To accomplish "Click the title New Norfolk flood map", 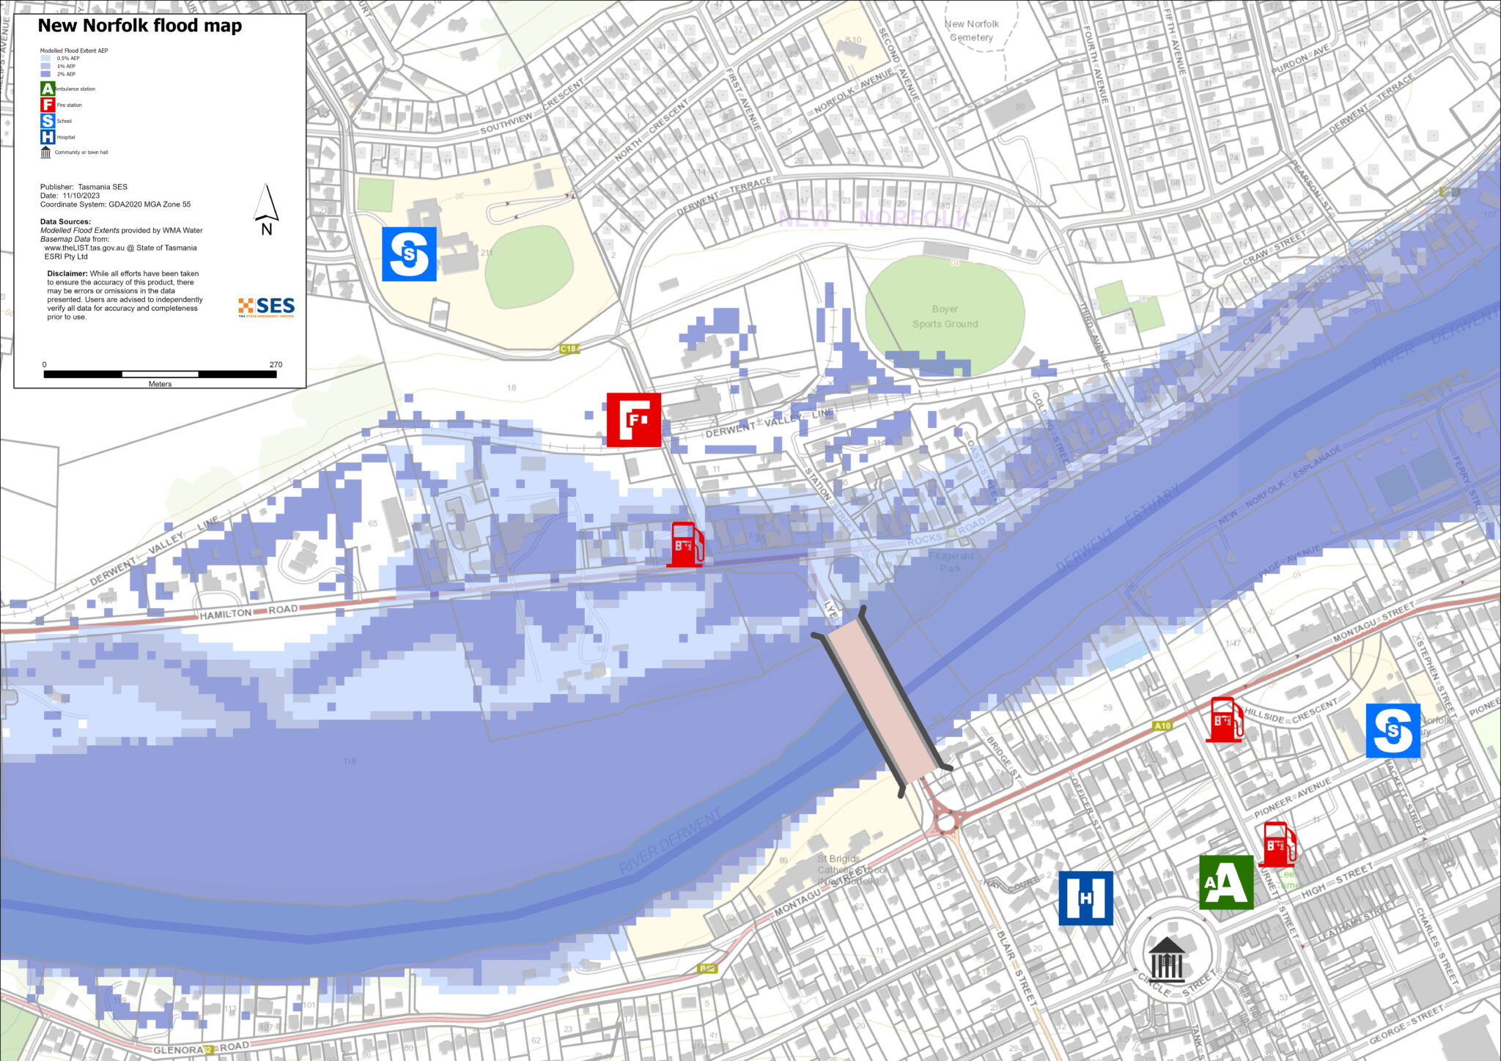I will tap(139, 26).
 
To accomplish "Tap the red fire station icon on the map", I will tap(633, 420).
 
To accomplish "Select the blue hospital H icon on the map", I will tap(1085, 898).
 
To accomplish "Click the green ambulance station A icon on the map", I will tap(1225, 882).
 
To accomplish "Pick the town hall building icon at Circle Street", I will tap(1166, 959).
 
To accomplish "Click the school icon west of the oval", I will tap(409, 254).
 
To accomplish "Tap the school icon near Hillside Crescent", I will tap(1393, 731).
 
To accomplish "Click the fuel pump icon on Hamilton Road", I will tap(685, 544).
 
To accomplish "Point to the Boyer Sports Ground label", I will tap(945, 317).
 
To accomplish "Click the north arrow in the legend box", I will tap(267, 209).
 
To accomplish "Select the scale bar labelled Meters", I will tap(160, 374).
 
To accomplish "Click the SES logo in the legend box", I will tap(266, 307).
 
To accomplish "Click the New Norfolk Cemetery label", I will tap(971, 31).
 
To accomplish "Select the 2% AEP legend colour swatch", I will tap(45, 74).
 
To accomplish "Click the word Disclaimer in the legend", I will tap(67, 274).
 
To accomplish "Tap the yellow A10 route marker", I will tap(1162, 725).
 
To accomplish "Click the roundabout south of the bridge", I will tap(946, 822).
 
